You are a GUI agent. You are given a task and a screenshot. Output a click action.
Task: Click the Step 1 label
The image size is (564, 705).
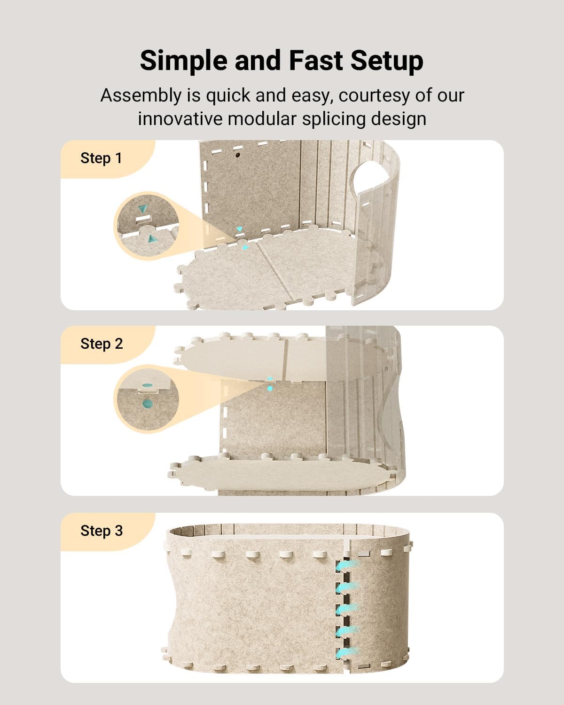(101, 158)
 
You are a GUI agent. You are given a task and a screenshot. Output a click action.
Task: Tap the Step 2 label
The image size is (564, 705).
(102, 344)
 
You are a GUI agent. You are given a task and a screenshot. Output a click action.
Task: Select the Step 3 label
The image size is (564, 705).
(102, 531)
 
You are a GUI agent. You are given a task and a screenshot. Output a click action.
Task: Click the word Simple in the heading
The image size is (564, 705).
(183, 61)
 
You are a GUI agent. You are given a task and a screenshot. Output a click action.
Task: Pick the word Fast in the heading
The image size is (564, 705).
(315, 61)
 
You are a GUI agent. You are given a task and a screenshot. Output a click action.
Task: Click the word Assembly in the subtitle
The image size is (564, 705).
(141, 96)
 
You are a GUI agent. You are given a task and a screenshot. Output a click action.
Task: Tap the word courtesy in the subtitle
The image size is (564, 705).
(374, 96)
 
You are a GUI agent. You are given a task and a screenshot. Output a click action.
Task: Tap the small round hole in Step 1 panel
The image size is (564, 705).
(238, 154)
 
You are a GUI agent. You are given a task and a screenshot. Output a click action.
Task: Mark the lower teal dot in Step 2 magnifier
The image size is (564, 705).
(148, 403)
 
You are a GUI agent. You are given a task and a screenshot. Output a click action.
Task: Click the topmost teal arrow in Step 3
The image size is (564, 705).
(348, 565)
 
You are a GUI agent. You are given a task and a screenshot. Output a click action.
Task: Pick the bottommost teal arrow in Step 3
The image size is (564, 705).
(348, 652)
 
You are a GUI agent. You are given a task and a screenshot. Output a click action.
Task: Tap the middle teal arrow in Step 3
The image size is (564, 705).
(348, 609)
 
